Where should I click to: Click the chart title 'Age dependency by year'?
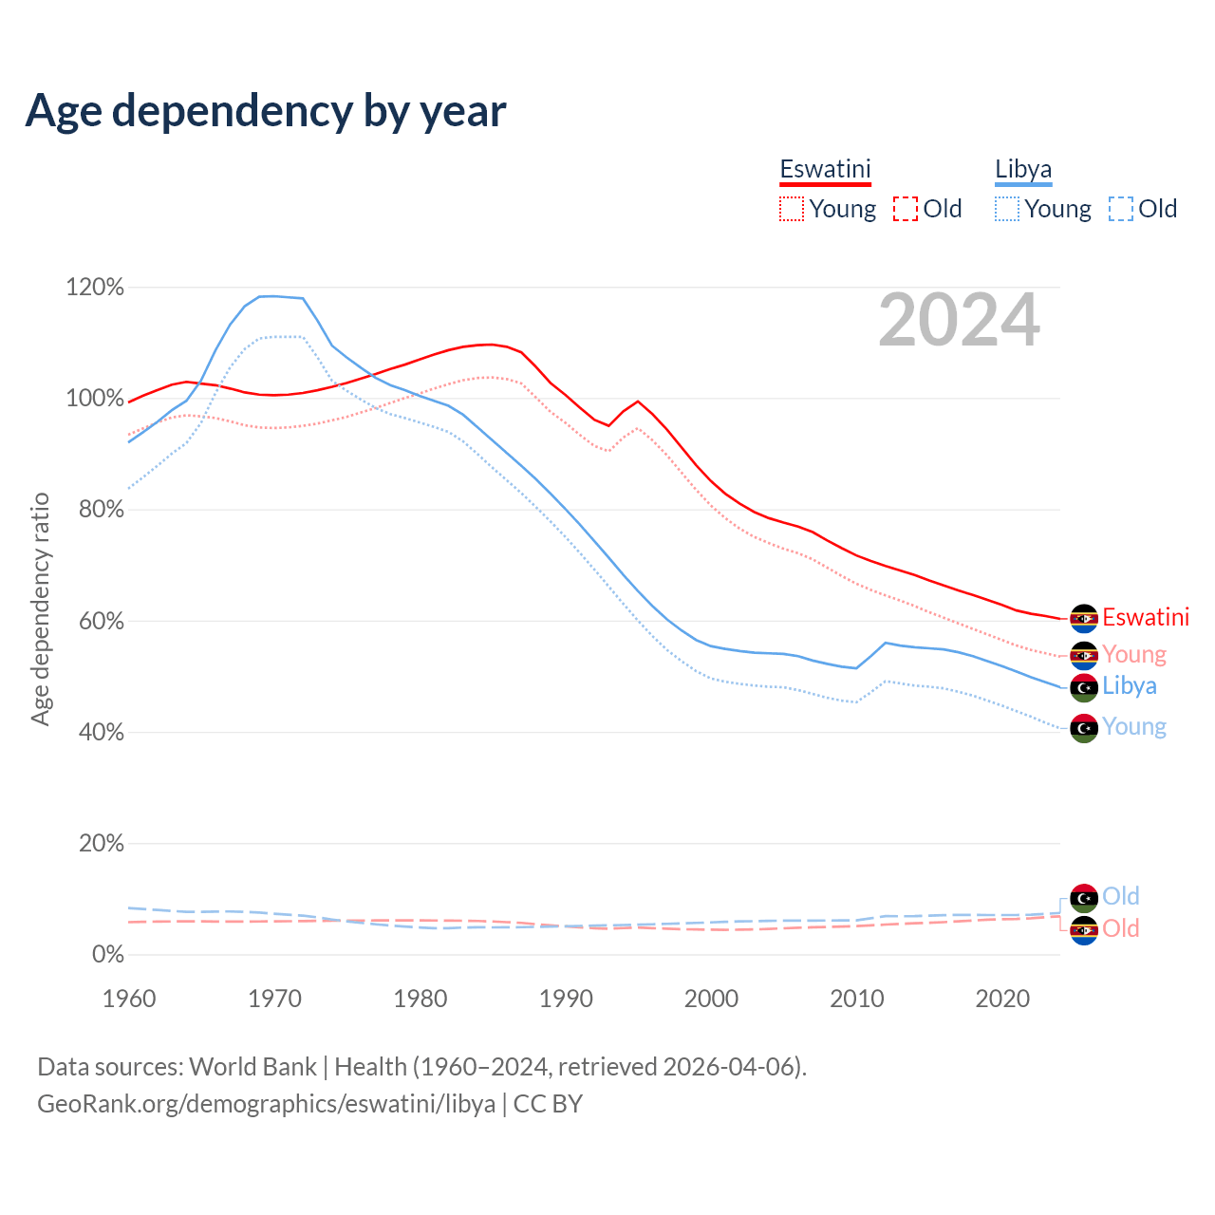click(x=266, y=110)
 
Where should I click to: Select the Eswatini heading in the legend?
click(x=825, y=169)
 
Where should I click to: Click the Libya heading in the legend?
click(x=1023, y=169)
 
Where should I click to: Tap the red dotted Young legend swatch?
click(x=791, y=209)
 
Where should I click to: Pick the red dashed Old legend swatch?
click(x=906, y=209)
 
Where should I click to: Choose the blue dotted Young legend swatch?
click(x=1007, y=209)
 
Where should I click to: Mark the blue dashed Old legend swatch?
click(x=1121, y=209)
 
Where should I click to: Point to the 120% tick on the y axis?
click(x=95, y=287)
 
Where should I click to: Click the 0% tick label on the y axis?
click(x=107, y=954)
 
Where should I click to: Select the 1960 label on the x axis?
click(x=129, y=999)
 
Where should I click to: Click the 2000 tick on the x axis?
click(x=712, y=999)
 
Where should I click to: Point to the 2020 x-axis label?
click(x=1002, y=999)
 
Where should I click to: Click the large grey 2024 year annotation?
click(x=959, y=321)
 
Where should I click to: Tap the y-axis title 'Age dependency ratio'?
click(x=40, y=608)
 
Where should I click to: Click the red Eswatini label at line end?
click(x=1146, y=618)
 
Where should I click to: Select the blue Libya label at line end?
click(x=1130, y=686)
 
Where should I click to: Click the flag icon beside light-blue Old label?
click(x=1084, y=897)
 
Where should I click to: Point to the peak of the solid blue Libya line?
click(x=272, y=296)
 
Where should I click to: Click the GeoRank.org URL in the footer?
click(x=266, y=1104)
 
